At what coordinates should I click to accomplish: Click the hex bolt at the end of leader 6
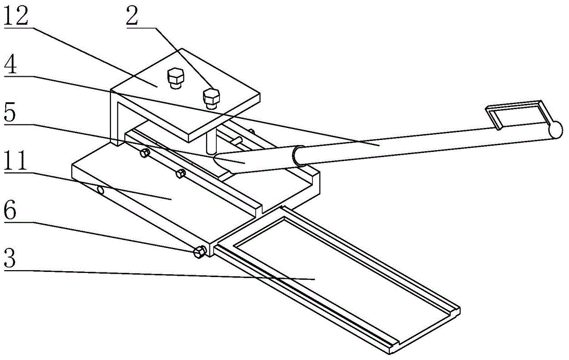point(199,252)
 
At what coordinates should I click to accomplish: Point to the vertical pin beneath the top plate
point(212,141)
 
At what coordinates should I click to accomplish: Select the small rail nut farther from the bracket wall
point(180,173)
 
